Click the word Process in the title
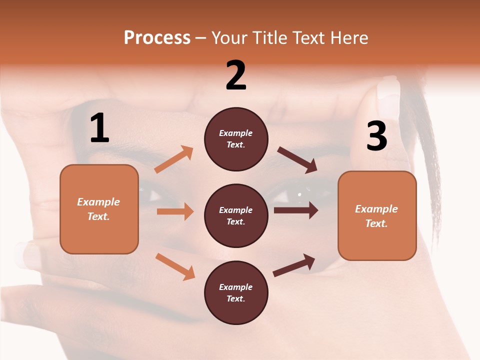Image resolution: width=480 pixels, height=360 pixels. [157, 38]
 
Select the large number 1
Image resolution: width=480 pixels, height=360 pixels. [99, 129]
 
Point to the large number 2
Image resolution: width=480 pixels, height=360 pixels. [236, 75]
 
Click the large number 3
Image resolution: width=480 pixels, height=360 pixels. [376, 136]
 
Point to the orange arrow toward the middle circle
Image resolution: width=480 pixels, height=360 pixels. [175, 211]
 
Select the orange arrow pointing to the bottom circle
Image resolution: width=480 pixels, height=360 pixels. [175, 266]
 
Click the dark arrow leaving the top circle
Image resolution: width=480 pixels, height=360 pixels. [297, 160]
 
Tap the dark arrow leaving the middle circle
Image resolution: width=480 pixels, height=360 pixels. [295, 210]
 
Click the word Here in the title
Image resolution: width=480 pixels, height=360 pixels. [348, 38]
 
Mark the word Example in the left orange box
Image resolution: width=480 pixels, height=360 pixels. [98, 202]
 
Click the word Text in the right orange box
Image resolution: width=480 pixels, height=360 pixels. [375, 223]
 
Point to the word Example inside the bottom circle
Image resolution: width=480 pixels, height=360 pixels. [236, 287]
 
